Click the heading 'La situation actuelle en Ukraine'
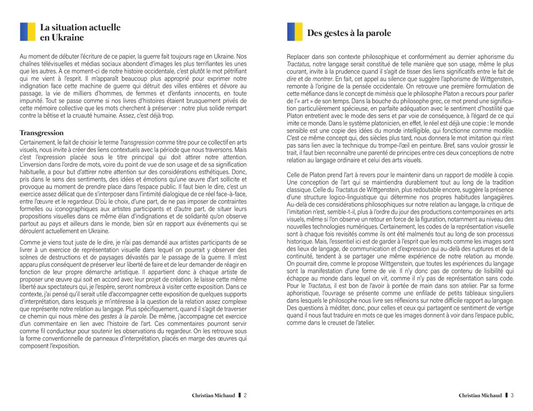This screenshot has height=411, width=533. [80, 32]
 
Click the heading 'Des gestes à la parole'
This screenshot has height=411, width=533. [349, 33]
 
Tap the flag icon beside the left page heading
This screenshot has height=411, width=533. [27, 32]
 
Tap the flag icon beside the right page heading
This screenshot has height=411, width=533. [294, 32]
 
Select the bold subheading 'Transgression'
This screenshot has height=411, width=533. [42, 133]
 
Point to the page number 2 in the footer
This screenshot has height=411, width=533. [245, 395]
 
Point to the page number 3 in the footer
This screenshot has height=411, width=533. [512, 395]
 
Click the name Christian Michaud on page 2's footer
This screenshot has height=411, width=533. [213, 395]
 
